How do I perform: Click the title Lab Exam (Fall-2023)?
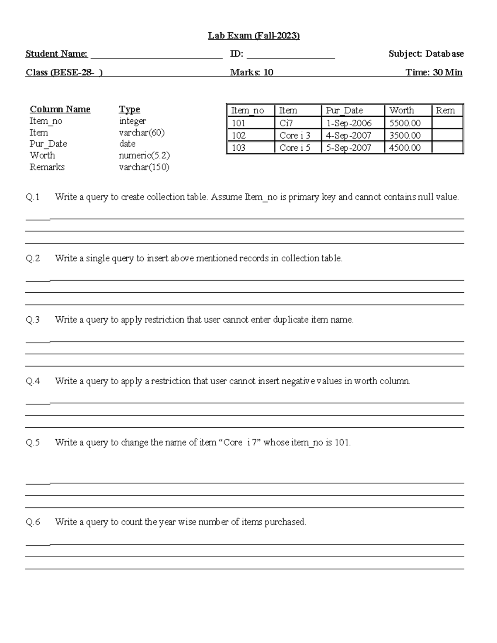(253, 36)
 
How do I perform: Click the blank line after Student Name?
(156, 57)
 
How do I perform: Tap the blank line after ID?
(290, 57)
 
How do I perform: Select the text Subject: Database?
(426, 54)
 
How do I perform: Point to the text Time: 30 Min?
(434, 72)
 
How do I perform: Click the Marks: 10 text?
(251, 72)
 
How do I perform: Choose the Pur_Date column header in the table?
(344, 111)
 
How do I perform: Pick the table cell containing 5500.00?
(405, 123)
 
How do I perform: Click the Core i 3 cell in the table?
(294, 135)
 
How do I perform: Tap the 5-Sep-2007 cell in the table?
(348, 148)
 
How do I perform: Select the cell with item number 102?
(239, 135)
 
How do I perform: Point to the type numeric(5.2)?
(144, 156)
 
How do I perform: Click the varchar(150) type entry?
(144, 167)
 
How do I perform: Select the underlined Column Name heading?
(60, 109)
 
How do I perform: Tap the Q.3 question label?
(33, 320)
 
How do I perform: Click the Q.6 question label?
(33, 522)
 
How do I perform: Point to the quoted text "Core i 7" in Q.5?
(238, 442)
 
